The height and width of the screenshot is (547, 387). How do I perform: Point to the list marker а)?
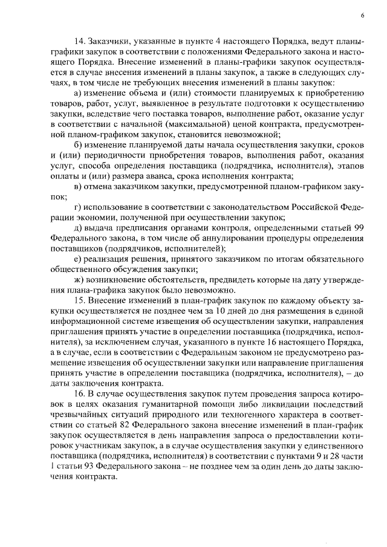tap(76, 92)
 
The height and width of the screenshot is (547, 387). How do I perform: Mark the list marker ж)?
tap(77, 280)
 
